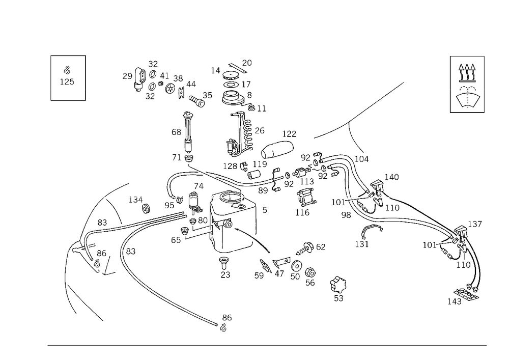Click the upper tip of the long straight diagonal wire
[404, 81]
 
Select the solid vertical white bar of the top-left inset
[50, 77]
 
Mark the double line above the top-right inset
[467, 55]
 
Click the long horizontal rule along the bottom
[267, 346]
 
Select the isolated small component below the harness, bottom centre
[336, 288]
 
